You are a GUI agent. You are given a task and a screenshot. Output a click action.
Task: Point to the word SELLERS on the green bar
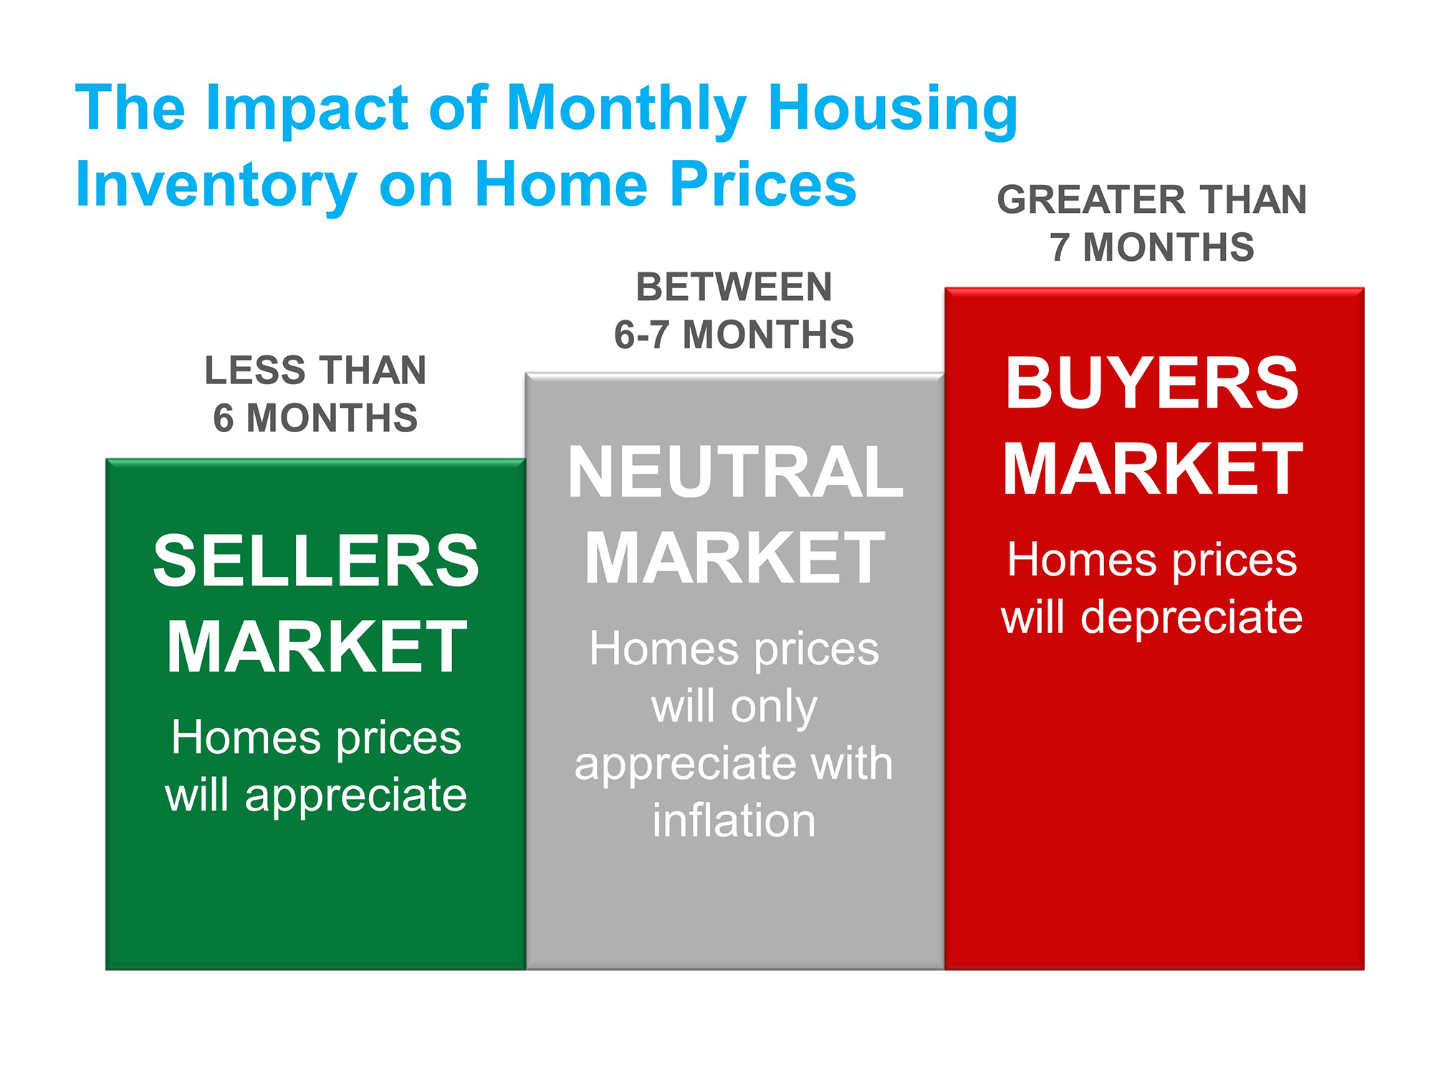pyautogui.click(x=316, y=561)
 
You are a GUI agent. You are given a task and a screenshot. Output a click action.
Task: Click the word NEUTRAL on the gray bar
pyautogui.click(x=735, y=472)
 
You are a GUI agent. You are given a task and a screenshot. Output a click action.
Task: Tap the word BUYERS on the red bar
pyautogui.click(x=1152, y=383)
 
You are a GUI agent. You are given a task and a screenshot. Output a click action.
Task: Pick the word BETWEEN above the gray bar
pyautogui.click(x=734, y=287)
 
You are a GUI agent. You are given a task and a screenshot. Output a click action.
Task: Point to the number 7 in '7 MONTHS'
pyautogui.click(x=1060, y=247)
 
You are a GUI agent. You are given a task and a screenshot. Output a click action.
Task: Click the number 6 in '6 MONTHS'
pyautogui.click(x=224, y=418)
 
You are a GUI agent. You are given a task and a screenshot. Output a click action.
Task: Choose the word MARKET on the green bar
pyautogui.click(x=317, y=647)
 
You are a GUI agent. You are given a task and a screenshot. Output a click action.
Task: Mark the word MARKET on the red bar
pyautogui.click(x=1152, y=469)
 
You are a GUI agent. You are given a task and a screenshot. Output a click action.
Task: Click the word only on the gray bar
pyautogui.click(x=775, y=708)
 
